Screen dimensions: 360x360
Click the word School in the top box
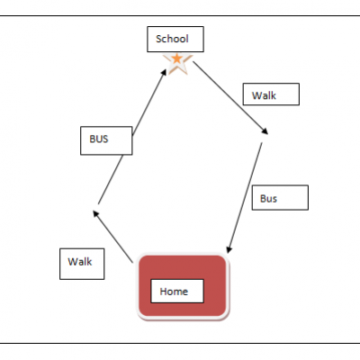pos(172,39)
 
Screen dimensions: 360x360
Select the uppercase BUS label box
pos(106,140)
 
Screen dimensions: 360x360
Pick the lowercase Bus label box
pos(280,197)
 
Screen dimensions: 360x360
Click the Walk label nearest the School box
pos(271,94)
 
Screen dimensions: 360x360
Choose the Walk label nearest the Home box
pos(82,264)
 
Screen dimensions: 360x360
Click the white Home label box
pos(177,291)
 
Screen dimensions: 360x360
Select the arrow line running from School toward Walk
pos(230,98)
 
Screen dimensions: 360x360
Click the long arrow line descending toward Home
pos(245,198)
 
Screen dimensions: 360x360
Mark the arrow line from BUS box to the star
pos(149,103)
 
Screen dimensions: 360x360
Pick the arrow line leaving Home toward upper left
pos(112,237)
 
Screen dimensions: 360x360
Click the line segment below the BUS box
pos(111,180)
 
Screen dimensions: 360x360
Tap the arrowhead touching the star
pos(164,72)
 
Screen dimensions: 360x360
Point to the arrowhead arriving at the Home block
pos(229,249)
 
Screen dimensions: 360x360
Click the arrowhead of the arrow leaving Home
pos(95,213)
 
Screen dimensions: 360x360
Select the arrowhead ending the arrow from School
pos(265,131)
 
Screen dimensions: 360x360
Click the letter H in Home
pos(164,292)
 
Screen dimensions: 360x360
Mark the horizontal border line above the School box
pos(180,15)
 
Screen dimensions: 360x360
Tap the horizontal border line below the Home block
pos(180,343)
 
